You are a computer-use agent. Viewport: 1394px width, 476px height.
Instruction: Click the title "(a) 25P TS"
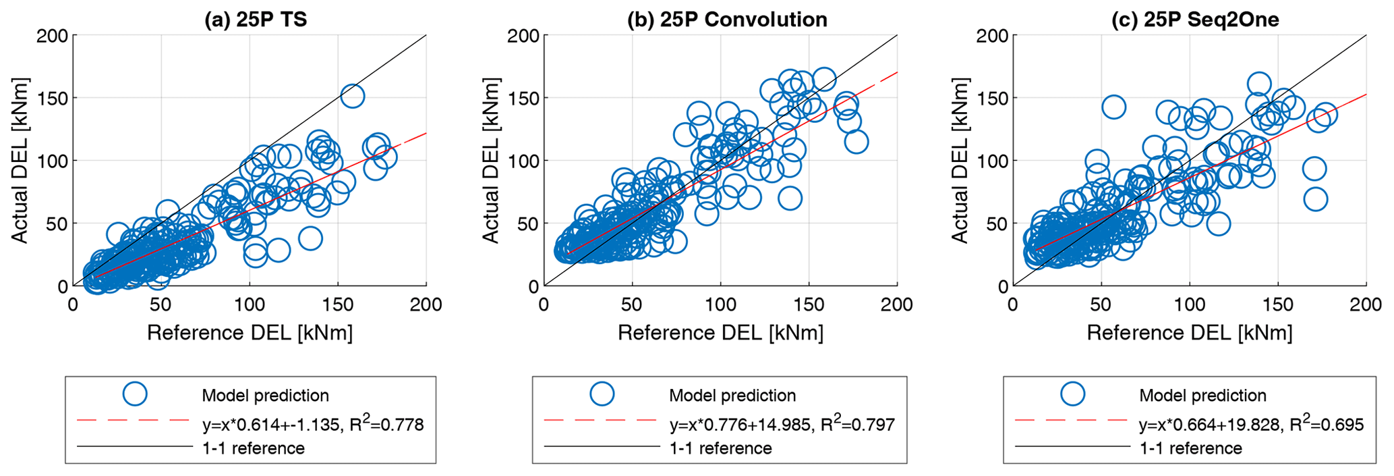point(256,19)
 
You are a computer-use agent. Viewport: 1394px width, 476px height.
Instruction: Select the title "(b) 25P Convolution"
point(727,19)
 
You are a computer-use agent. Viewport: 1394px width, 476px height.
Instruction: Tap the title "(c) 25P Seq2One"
point(1195,19)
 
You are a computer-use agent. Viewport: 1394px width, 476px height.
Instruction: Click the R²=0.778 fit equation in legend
point(313,425)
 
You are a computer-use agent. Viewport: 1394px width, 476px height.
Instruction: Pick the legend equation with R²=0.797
point(782,425)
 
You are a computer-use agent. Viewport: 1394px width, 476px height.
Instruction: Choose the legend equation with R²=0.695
point(1251,425)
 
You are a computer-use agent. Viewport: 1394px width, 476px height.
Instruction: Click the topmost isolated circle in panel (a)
point(352,96)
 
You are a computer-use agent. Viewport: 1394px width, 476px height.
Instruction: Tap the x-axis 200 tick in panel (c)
point(1366,305)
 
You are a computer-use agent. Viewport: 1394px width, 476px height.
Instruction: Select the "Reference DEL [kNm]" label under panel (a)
point(250,333)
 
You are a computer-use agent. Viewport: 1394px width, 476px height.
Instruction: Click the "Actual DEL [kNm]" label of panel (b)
point(491,161)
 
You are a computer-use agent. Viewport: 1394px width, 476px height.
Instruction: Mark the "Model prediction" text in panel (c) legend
point(1202,396)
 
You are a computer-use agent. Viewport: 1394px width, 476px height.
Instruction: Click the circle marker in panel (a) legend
point(136,393)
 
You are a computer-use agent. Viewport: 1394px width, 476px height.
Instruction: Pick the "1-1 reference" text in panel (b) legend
point(720,448)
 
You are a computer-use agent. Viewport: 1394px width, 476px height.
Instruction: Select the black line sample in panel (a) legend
point(135,446)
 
